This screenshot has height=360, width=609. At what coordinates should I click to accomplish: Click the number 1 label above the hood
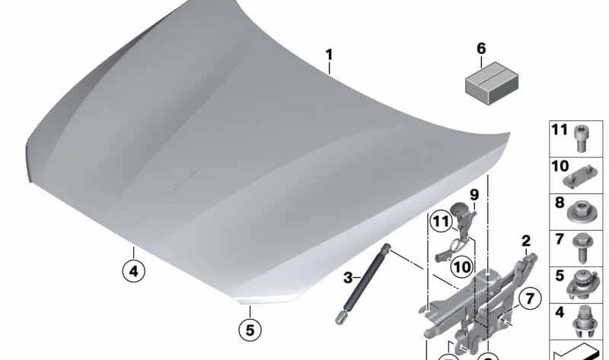(x=329, y=55)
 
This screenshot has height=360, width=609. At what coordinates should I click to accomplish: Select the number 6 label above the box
(x=481, y=49)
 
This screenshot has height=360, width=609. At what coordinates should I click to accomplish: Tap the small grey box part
(x=492, y=83)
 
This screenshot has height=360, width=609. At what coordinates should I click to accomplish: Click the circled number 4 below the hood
(x=133, y=271)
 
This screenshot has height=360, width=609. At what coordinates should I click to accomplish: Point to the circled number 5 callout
(x=250, y=330)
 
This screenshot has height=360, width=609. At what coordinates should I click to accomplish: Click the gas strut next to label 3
(x=362, y=283)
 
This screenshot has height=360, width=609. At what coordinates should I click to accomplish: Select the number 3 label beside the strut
(x=348, y=278)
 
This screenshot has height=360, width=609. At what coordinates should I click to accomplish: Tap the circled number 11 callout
(x=442, y=221)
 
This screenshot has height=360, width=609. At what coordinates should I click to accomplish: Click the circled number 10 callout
(x=462, y=267)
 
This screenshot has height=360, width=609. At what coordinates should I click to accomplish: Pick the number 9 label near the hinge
(x=474, y=195)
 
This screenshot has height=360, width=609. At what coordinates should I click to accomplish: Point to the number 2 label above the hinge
(x=525, y=241)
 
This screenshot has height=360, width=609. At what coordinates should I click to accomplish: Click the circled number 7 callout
(x=530, y=298)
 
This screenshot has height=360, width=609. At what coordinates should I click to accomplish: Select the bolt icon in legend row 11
(x=581, y=139)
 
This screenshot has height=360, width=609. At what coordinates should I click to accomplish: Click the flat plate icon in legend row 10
(x=580, y=176)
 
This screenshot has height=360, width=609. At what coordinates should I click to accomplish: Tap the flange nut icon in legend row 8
(x=580, y=212)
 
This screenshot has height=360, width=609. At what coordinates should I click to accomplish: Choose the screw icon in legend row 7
(x=581, y=248)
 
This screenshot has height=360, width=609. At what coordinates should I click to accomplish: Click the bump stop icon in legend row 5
(x=582, y=285)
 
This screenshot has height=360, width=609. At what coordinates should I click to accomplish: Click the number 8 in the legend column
(x=560, y=202)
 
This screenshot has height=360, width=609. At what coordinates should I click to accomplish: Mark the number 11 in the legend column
(x=560, y=129)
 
